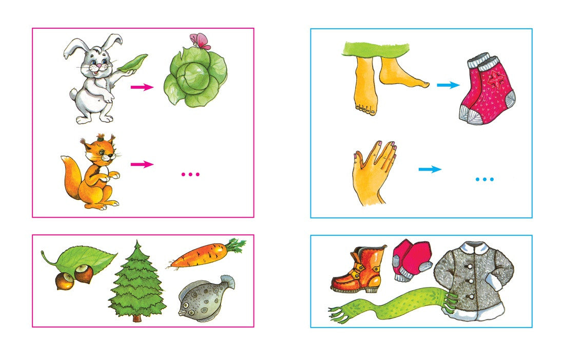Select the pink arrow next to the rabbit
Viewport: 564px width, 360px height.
coord(142,87)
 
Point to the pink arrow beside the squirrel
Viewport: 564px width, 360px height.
coord(142,164)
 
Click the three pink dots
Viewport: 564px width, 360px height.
coord(190,175)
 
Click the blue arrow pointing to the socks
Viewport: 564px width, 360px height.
coord(448,85)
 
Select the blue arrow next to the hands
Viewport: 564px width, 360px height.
coord(430,169)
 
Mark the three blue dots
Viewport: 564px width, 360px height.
coord(484,179)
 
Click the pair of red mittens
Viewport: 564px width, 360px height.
coord(411,260)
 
